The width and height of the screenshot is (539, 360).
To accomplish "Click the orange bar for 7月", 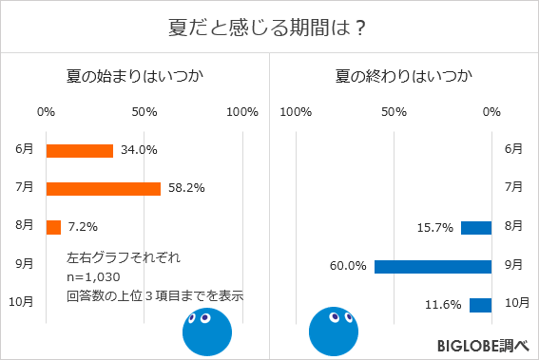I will pyautogui.click(x=103, y=188).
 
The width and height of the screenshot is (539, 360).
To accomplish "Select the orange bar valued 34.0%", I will pyautogui.click(x=79, y=150).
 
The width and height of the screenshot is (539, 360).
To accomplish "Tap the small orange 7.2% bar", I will pyautogui.click(x=53, y=227).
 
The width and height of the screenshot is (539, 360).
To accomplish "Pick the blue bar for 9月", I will pyautogui.click(x=433, y=266).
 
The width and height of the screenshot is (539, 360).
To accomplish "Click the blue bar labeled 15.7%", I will pyautogui.click(x=475, y=227).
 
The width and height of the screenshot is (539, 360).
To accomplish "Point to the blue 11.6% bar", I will pyautogui.click(x=480, y=305).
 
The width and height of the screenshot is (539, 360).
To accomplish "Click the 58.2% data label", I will pyautogui.click(x=185, y=188).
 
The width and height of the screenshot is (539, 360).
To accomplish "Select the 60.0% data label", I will pyautogui.click(x=348, y=266).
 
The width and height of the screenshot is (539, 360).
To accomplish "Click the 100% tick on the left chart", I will pyautogui.click(x=242, y=112).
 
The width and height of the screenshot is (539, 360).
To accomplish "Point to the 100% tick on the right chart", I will pyautogui.click(x=297, y=112).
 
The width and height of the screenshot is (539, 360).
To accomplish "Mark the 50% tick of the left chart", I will pyautogui.click(x=144, y=112).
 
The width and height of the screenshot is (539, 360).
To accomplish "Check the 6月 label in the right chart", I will pyautogui.click(x=512, y=149).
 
